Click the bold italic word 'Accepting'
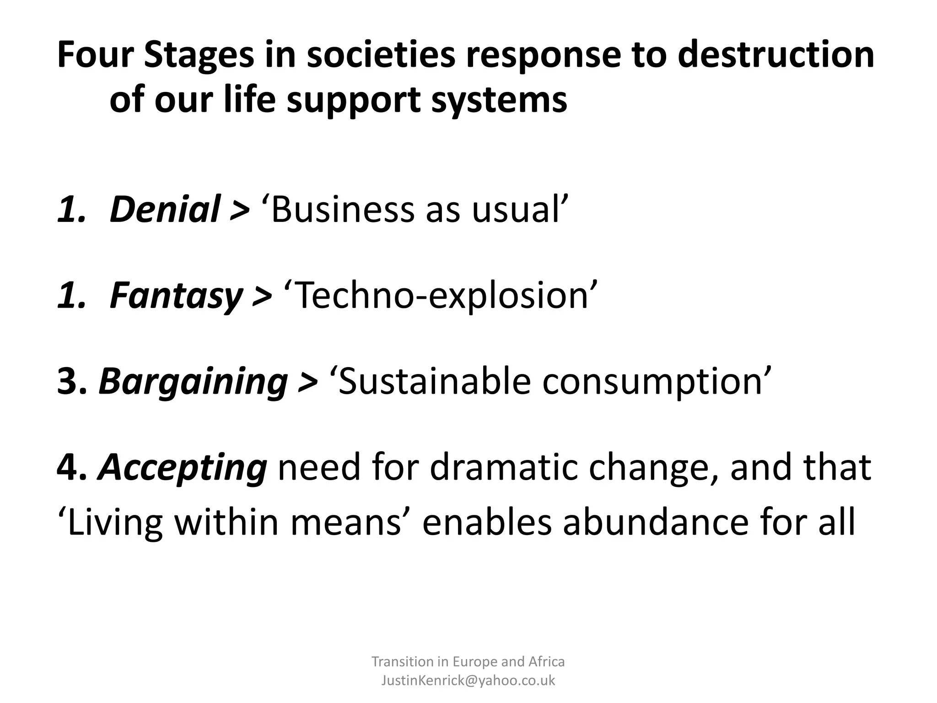182,468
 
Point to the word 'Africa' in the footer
546,661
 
